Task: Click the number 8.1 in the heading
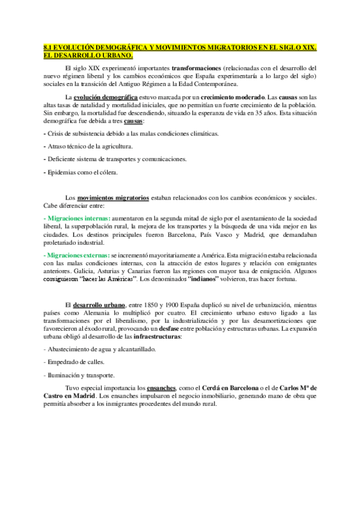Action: (x=50, y=47)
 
